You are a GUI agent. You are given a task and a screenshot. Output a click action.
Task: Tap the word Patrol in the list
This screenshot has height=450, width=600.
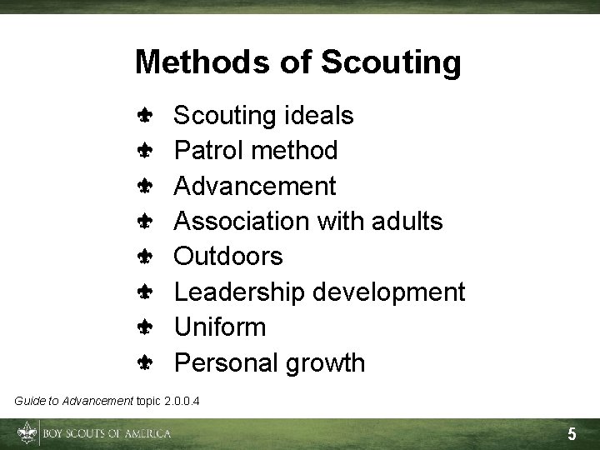pos(207,151)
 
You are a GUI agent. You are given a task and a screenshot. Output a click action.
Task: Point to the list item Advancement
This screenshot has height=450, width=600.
pos(255,186)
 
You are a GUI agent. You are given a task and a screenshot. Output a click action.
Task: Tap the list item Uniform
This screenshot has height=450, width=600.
pos(220,327)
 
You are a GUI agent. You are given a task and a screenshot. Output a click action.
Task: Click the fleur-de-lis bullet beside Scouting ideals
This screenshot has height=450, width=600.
pos(144,116)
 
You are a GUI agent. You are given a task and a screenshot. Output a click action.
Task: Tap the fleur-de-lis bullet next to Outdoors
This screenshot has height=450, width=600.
pos(144,257)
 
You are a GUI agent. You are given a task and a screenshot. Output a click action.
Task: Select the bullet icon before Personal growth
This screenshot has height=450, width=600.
pos(144,363)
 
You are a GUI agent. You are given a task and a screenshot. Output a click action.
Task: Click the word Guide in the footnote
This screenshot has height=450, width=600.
pos(27,402)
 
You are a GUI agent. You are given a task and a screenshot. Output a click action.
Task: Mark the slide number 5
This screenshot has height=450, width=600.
pos(572,434)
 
